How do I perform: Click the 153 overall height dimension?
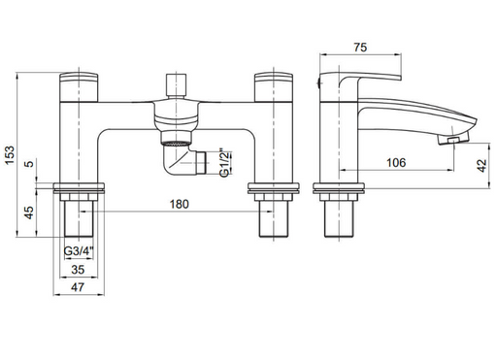click(10, 155)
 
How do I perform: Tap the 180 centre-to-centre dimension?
click(179, 204)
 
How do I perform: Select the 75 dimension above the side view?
click(360, 48)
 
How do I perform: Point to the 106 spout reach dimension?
click(396, 162)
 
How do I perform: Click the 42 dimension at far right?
click(482, 166)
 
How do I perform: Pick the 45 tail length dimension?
click(29, 213)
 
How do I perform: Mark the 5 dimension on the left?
click(29, 164)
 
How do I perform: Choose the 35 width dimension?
click(78, 269)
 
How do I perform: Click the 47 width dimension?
click(78, 287)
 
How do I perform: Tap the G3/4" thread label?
click(79, 251)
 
